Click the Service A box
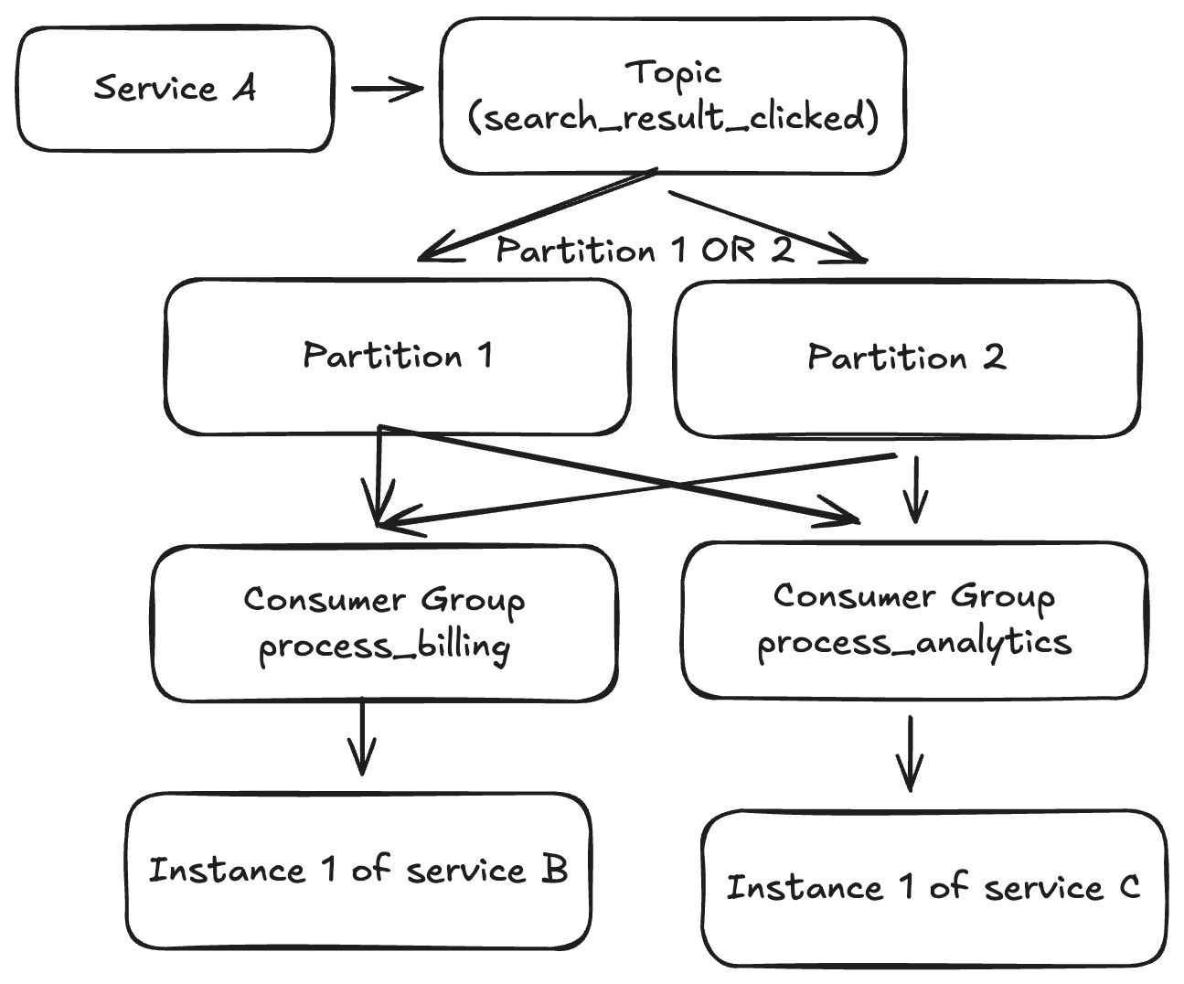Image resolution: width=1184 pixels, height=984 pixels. tap(174, 89)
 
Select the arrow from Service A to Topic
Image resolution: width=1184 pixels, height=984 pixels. tap(387, 89)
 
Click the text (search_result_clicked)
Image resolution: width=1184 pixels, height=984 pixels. tap(673, 118)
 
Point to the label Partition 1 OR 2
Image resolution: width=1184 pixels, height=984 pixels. tap(645, 251)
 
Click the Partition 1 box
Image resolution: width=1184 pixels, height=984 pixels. tap(397, 356)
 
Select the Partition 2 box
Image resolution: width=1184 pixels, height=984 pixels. tap(906, 358)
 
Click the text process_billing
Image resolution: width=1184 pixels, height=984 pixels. tap(384, 647)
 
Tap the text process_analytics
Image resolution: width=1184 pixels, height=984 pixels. tap(914, 642)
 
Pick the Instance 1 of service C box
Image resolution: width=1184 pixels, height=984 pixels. tap(933, 887)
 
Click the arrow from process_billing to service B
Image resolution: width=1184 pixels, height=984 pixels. tap(362, 736)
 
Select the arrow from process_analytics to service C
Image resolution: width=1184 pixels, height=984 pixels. tap(909, 753)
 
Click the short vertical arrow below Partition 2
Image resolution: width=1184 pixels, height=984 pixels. tap(915, 490)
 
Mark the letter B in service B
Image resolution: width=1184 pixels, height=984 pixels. tap(554, 869)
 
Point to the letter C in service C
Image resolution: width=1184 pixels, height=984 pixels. tap(1129, 886)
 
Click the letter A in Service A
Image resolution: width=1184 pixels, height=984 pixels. tap(244, 88)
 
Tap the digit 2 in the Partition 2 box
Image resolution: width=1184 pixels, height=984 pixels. tap(994, 357)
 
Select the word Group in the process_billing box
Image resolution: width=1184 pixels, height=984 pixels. tap(473, 600)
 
